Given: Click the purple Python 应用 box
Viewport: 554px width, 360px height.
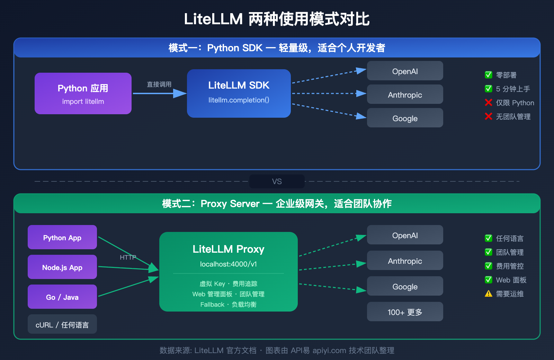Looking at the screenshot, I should tap(83, 93).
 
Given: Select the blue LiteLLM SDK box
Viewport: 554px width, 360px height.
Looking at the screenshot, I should tap(239, 93).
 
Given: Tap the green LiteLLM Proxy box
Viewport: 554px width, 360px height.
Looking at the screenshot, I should tap(229, 272).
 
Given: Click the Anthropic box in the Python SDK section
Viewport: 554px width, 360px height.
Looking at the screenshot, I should tap(405, 94).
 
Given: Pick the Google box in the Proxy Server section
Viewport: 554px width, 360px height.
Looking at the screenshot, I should tap(405, 286).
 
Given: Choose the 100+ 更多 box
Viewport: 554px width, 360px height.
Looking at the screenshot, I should tap(405, 312).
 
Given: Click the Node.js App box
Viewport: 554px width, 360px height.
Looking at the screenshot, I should tap(62, 267).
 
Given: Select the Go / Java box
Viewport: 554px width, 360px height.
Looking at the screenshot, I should tap(62, 297).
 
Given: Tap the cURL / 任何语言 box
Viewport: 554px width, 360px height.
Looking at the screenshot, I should tap(62, 324).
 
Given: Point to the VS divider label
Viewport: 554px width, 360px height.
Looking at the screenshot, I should tap(277, 181).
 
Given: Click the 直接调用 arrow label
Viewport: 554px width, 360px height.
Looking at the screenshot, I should tap(159, 84).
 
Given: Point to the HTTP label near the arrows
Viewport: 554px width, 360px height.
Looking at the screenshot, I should tap(128, 257).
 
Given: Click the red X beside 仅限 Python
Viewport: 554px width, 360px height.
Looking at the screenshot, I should tap(489, 102).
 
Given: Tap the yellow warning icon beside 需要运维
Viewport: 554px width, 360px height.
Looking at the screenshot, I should tap(489, 294).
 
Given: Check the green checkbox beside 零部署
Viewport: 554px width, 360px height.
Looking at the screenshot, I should tap(489, 75).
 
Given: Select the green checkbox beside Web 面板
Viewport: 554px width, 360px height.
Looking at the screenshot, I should tap(489, 280).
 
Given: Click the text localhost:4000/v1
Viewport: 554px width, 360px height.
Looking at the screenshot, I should tap(229, 264).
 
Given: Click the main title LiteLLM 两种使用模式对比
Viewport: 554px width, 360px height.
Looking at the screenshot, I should tap(277, 19).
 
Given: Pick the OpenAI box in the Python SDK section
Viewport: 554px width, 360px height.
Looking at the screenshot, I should tap(405, 71).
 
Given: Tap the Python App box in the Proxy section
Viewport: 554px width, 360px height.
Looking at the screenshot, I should tap(62, 237).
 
